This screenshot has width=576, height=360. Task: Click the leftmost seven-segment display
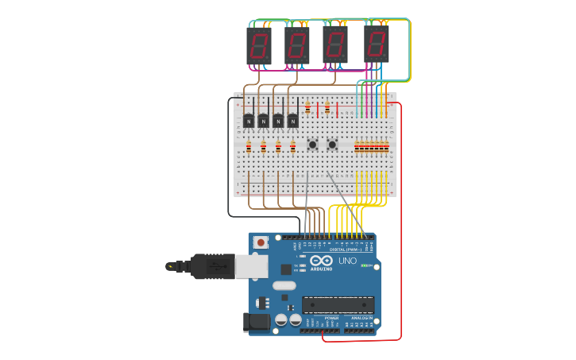(259, 46)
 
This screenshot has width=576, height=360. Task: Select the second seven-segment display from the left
(297, 46)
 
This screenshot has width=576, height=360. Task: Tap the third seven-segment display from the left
(335, 45)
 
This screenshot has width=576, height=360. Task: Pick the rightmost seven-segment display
(377, 44)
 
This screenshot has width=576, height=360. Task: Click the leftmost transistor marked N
(249, 121)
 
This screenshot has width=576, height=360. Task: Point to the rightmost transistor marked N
(292, 121)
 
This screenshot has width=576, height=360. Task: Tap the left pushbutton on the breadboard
(312, 145)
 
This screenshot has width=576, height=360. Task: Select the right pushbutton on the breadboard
(332, 145)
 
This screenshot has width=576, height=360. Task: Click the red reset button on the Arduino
(260, 242)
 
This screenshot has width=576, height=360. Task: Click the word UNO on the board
(348, 261)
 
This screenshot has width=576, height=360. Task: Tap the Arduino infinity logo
(322, 261)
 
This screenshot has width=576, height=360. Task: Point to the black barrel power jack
(256, 321)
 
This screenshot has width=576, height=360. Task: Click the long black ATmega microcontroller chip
(338, 304)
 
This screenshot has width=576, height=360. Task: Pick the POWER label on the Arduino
(331, 318)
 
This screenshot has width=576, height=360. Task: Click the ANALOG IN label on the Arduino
(361, 318)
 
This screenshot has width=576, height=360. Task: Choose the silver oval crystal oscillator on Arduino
(284, 285)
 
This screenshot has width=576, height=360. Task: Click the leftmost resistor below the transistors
(249, 146)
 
